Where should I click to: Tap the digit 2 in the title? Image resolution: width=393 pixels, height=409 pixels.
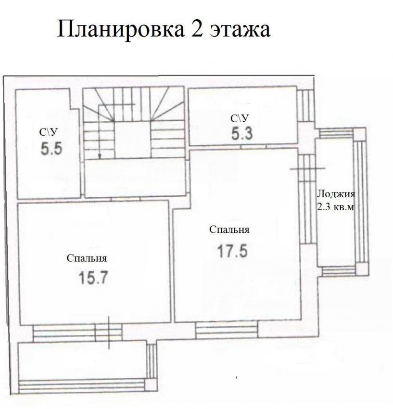pos(197,29)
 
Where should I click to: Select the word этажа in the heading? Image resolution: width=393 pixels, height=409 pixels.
pos(240,31)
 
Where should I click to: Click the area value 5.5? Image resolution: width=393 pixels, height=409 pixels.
pos(51,149)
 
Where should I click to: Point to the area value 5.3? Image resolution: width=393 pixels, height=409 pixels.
pos(242,134)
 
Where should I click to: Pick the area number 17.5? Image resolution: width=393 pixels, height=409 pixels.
pos(232,251)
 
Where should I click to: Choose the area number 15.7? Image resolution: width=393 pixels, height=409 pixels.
pos(93,278)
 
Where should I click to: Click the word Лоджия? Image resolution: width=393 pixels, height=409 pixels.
pos(336,194)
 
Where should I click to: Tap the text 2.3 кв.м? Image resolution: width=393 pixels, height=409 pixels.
pos(336,207)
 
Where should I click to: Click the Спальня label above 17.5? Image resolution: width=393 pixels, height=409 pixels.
pos(229,230)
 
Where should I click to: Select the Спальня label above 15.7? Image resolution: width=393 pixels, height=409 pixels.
pos(87,258)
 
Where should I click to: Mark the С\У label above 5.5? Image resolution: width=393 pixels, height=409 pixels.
pos(48,132)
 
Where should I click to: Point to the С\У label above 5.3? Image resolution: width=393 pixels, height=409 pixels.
pos(240,118)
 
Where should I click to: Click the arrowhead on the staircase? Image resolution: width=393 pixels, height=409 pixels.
pos(100,156)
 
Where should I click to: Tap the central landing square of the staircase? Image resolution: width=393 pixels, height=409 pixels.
pos(132,139)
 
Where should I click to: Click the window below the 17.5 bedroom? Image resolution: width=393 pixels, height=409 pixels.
pos(227,329)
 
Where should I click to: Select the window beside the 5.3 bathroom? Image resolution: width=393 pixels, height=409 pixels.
pos(305,106)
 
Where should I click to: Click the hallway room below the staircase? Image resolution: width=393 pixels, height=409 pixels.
pos(135,178)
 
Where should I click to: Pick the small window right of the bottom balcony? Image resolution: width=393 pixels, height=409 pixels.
pos(151,361)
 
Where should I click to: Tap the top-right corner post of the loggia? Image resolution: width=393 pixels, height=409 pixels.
pos(359,134)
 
